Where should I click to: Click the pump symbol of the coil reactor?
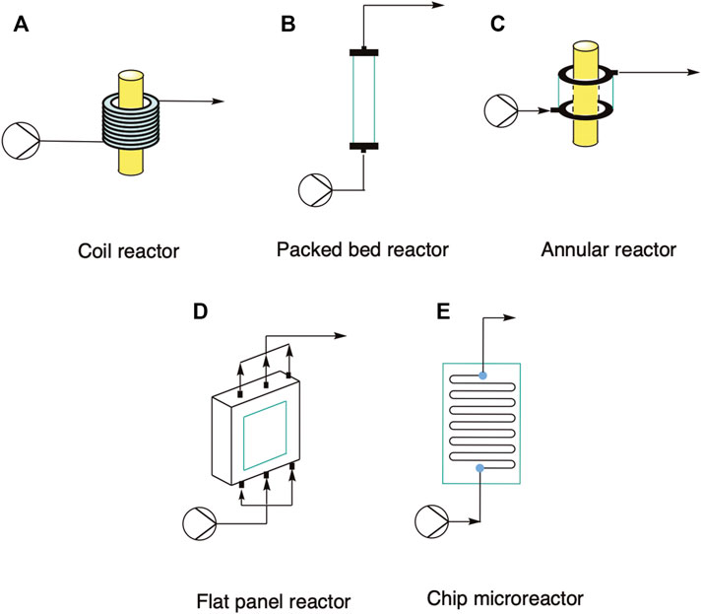click(x=21, y=141)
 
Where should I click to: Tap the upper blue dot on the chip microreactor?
click(x=482, y=375)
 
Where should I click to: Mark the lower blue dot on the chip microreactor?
click(x=479, y=467)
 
